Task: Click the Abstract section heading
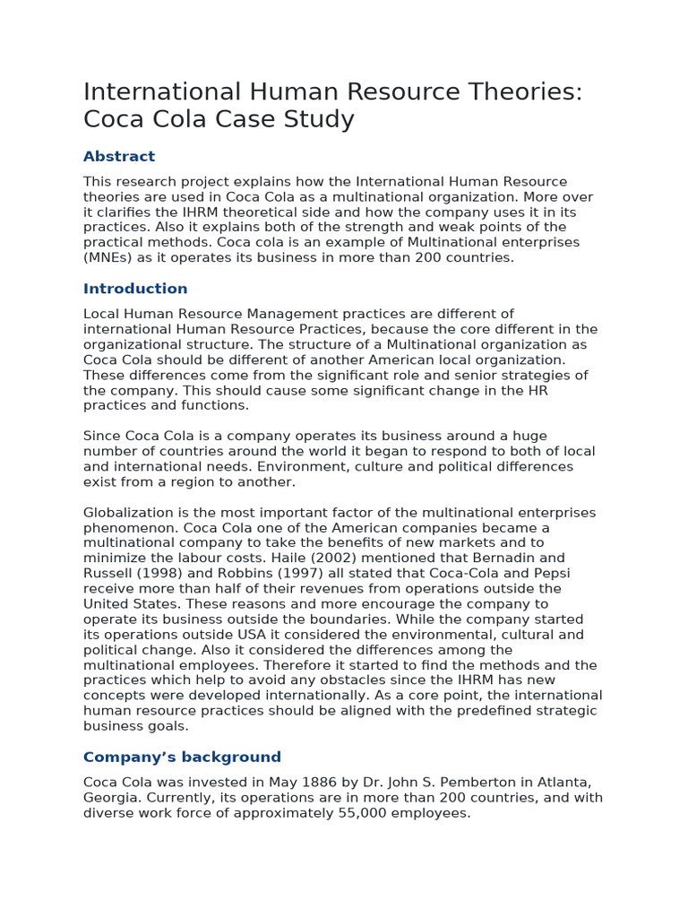(119, 156)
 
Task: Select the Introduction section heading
(135, 289)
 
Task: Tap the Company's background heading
(182, 757)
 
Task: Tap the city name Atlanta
(569, 783)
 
